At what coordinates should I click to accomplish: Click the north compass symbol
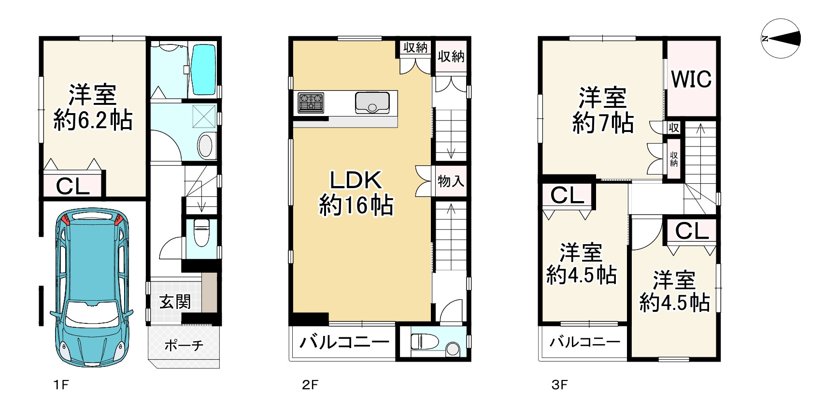tap(781, 39)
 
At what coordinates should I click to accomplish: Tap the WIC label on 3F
tap(691, 79)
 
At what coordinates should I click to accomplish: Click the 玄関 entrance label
tap(175, 302)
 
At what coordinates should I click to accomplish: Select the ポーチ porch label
tap(184, 345)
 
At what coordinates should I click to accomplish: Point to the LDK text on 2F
tap(356, 180)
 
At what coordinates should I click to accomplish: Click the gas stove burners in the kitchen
tap(311, 102)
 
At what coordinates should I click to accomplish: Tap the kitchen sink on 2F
tap(372, 102)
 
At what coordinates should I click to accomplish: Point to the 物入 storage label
tap(451, 181)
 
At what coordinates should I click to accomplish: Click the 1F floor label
tap(61, 385)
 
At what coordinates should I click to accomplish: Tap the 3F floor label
tap(559, 385)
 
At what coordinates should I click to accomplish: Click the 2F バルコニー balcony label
tap(344, 342)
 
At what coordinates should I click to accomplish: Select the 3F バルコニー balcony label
tap(584, 342)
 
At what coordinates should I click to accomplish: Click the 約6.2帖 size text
tap(93, 120)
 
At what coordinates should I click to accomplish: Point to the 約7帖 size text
tap(603, 123)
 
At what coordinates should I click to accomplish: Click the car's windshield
tap(92, 314)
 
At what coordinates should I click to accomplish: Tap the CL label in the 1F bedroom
tap(73, 186)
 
